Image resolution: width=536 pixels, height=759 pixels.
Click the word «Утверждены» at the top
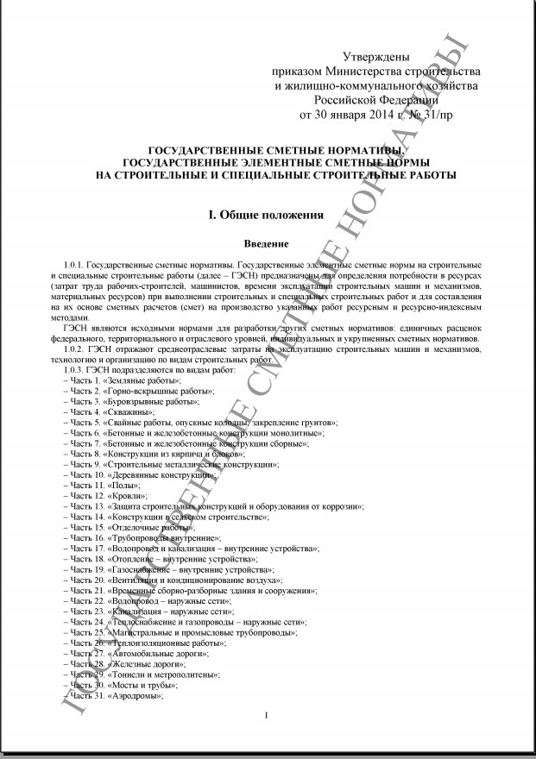click(376, 56)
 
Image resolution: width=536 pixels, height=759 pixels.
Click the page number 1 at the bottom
click(267, 715)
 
